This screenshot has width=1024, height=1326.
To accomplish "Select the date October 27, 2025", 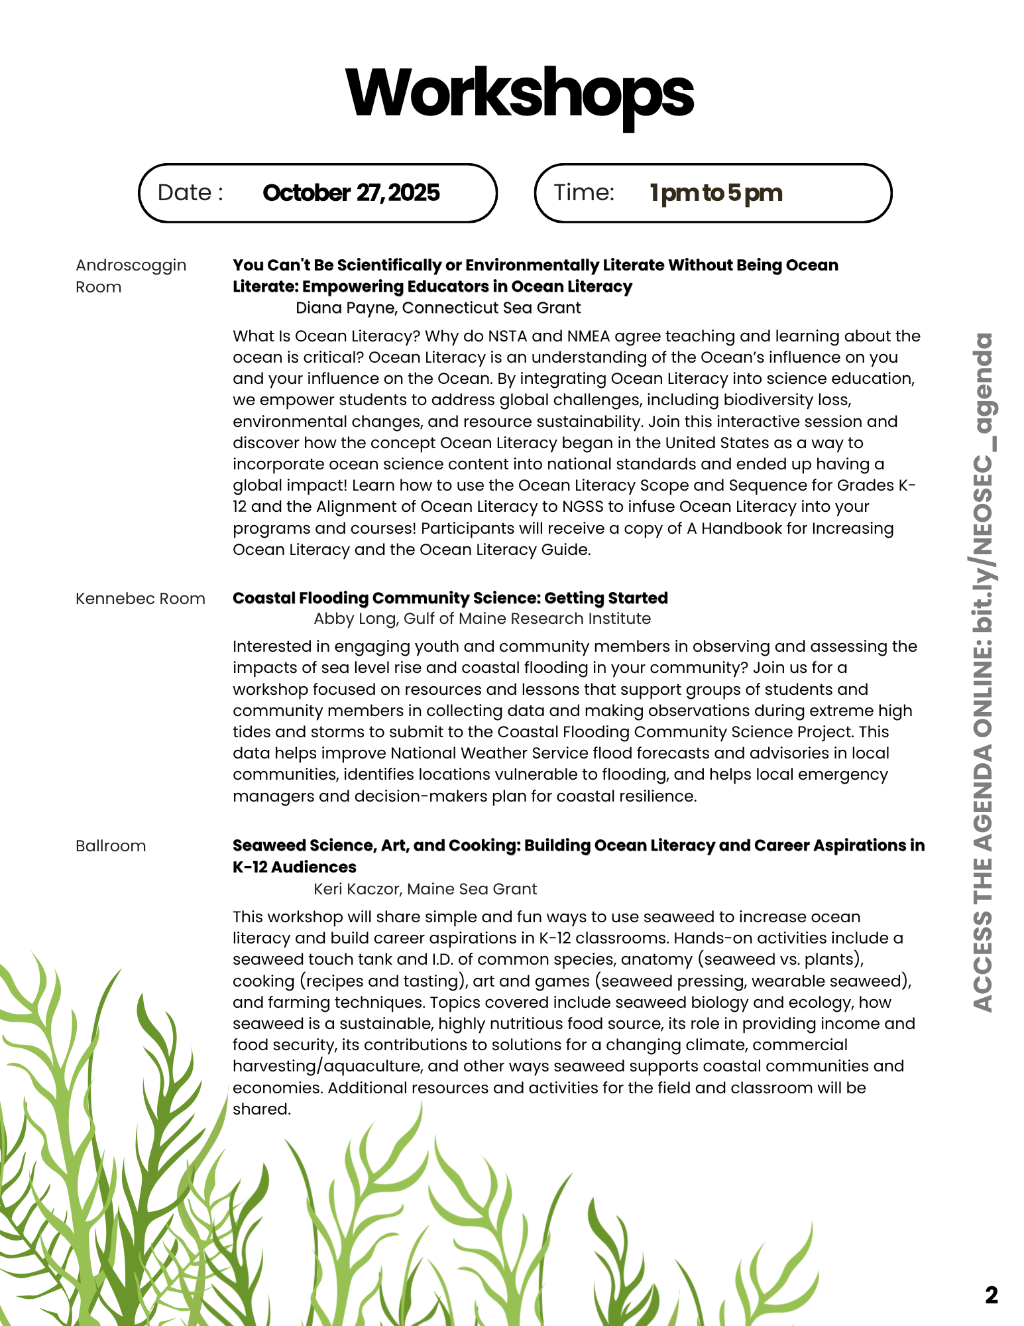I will [351, 193].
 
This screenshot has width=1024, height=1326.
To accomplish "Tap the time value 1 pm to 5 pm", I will [716, 193].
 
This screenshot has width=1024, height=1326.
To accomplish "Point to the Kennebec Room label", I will [140, 599].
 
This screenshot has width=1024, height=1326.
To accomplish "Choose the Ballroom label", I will [111, 846].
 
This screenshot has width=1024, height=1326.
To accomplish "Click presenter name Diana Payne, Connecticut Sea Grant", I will [438, 308].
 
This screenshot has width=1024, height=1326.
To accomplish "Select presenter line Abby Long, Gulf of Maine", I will [482, 619].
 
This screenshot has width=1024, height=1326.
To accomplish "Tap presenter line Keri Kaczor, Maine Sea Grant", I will [425, 889].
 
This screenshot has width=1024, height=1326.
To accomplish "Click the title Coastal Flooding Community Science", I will [450, 598].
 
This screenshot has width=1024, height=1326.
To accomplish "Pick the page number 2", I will [991, 1295].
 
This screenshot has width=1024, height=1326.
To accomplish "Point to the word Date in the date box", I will [185, 193].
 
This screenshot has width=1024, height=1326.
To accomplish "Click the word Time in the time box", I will [584, 193].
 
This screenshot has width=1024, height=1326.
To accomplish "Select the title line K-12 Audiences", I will [294, 867].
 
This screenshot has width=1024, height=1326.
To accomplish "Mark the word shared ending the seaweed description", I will [261, 1109].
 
